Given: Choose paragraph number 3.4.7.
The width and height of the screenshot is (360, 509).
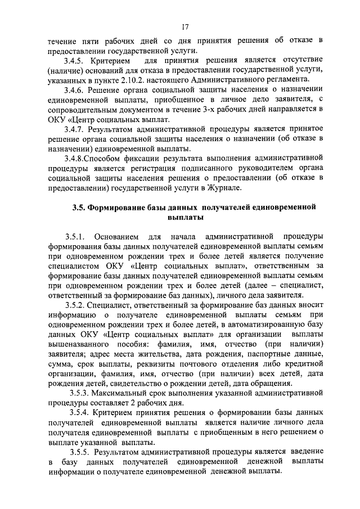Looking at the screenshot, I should (x=74, y=129).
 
